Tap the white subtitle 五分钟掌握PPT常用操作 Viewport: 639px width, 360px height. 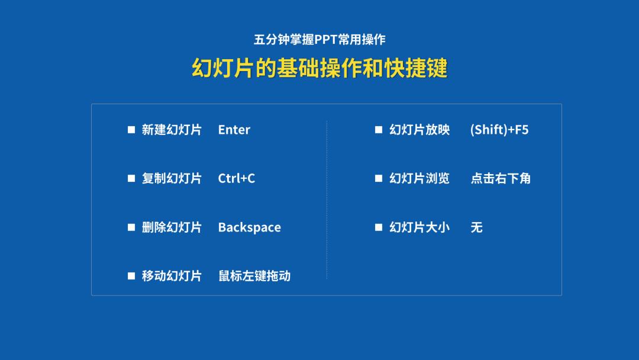(x=319, y=40)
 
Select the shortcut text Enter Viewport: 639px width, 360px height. (x=234, y=130)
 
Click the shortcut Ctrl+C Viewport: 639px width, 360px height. (x=236, y=178)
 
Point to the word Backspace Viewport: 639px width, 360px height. (x=249, y=227)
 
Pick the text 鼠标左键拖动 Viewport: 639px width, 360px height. (x=254, y=276)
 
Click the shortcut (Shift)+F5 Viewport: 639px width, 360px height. (x=499, y=130)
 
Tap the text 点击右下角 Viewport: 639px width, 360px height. (x=501, y=178)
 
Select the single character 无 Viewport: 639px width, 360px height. (x=477, y=227)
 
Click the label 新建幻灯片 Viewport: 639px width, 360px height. (x=172, y=130)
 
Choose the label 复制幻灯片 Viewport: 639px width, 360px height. (x=172, y=178)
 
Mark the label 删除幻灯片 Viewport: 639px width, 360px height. (x=172, y=227)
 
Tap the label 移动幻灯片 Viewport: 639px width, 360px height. (x=172, y=276)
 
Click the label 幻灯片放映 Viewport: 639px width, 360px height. (x=419, y=130)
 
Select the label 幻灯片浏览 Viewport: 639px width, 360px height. (x=419, y=178)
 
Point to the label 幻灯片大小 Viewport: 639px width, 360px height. (x=419, y=227)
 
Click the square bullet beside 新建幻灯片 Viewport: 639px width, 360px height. (x=131, y=130)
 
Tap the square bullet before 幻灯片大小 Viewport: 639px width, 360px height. (x=379, y=227)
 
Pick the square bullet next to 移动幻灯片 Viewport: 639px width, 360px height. (x=131, y=276)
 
